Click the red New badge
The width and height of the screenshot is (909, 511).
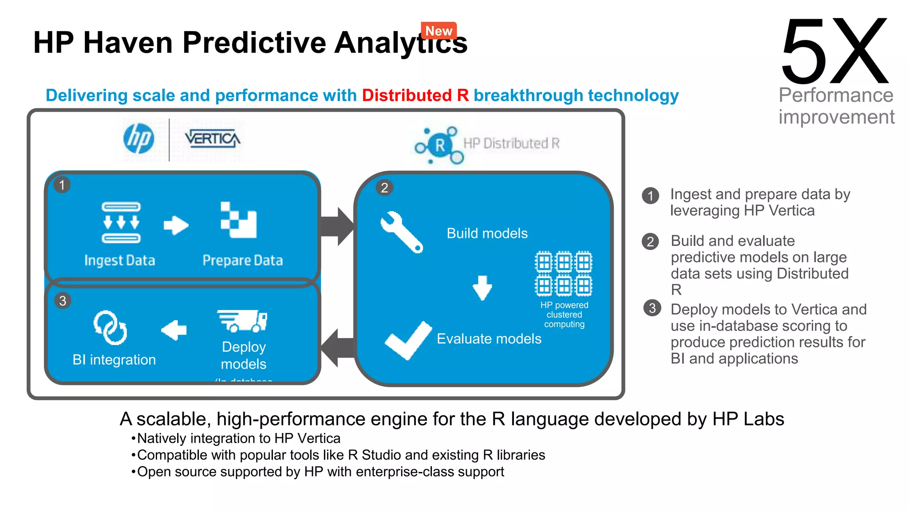coord(439,31)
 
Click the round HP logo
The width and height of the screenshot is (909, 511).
coord(139,139)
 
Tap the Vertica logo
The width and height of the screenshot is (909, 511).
coord(213,139)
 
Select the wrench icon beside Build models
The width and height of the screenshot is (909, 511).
coord(401,232)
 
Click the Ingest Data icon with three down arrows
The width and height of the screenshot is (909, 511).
coord(121,222)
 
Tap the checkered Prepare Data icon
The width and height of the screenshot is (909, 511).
coord(238,220)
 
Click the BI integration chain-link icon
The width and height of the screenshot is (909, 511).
coord(110,328)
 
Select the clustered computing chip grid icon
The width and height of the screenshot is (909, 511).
coord(563,274)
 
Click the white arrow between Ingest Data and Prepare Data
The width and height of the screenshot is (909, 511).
coord(176,225)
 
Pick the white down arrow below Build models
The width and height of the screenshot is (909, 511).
coord(482,288)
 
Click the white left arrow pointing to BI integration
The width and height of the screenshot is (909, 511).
coord(174,330)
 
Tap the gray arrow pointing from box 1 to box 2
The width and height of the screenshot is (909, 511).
coord(337,226)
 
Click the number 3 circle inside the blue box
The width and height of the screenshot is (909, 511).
coord(63,301)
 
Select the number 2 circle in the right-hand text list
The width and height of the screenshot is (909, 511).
coord(650,242)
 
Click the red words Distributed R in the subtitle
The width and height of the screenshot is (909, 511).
coord(415,95)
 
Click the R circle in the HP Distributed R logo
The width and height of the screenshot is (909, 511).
coord(440,145)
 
